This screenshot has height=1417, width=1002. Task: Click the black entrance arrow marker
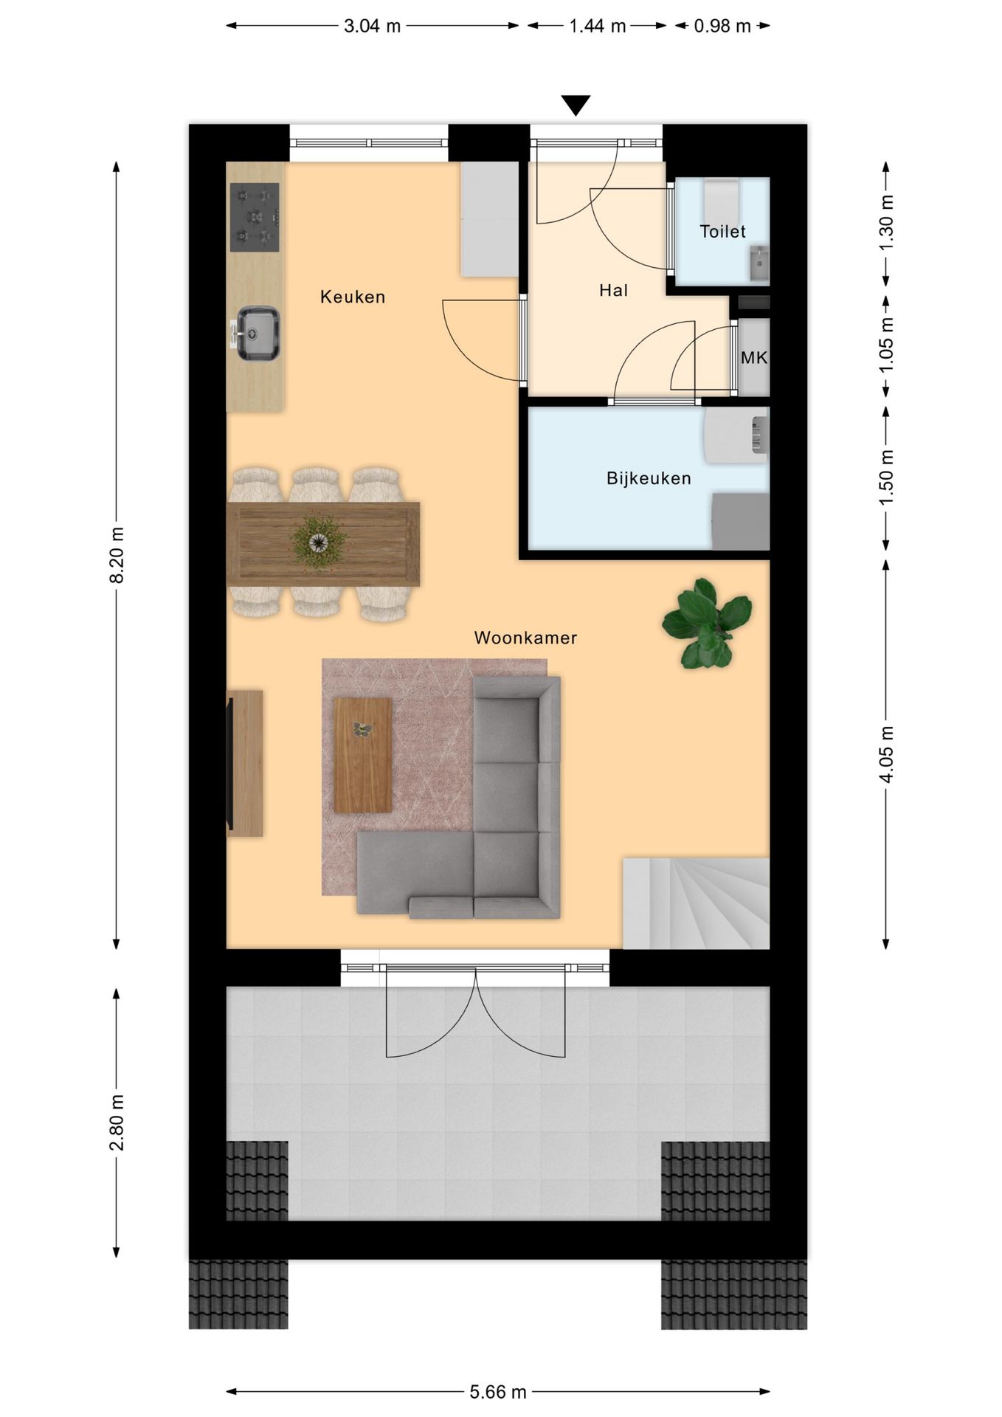(x=575, y=105)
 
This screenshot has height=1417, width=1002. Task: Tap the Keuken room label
(x=352, y=297)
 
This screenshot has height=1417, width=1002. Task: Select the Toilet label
(x=722, y=232)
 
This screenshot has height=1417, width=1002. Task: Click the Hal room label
(x=613, y=291)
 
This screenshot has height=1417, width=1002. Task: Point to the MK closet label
(x=753, y=358)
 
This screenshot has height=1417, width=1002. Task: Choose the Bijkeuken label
(x=649, y=478)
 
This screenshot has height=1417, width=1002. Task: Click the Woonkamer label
(x=525, y=638)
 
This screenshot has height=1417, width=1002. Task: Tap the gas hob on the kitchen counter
(x=255, y=217)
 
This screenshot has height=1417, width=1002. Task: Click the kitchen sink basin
(x=258, y=333)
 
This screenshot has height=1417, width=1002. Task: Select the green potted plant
(x=707, y=624)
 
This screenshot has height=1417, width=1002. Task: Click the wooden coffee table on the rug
(x=362, y=754)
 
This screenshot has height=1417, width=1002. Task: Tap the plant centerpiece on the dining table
(x=319, y=542)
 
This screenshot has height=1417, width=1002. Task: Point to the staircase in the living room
(x=696, y=903)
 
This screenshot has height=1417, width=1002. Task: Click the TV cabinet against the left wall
(x=245, y=763)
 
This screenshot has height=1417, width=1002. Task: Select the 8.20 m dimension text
(x=117, y=555)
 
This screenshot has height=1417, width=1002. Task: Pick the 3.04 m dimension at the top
(x=372, y=26)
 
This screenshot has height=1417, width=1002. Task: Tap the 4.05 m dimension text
(x=886, y=754)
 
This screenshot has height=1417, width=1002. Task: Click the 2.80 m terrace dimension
(x=117, y=1123)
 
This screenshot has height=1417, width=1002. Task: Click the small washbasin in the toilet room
(x=759, y=263)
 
